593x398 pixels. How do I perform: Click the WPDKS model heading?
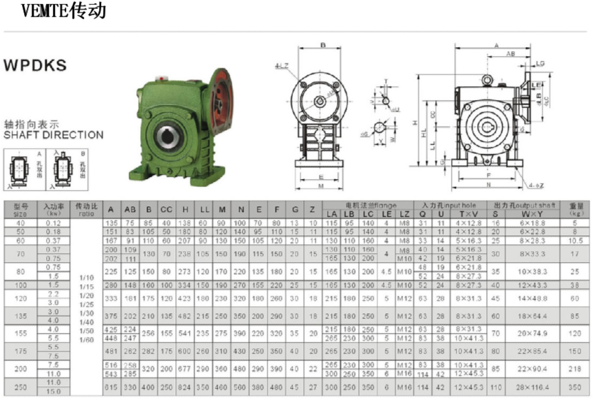coord(35,65)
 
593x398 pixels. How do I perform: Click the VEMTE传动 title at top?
coord(63,10)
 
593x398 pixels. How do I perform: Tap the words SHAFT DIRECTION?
coord(53,135)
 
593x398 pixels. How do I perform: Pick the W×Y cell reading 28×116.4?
coord(532,387)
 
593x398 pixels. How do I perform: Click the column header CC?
coord(166,209)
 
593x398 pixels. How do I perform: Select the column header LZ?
coord(404,214)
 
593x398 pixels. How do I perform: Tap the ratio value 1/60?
coord(86,340)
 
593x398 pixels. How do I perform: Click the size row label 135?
coord(20,316)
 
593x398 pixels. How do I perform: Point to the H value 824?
coord(185,387)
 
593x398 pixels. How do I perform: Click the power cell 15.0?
coord(53,391)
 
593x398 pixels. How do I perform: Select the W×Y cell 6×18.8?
coord(532,223)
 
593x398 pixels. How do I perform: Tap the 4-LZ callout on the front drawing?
coord(283,66)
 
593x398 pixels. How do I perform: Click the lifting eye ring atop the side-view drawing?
coord(487,80)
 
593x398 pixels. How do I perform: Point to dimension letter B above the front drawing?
coord(323,46)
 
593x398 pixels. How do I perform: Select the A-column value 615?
coord(111,387)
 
